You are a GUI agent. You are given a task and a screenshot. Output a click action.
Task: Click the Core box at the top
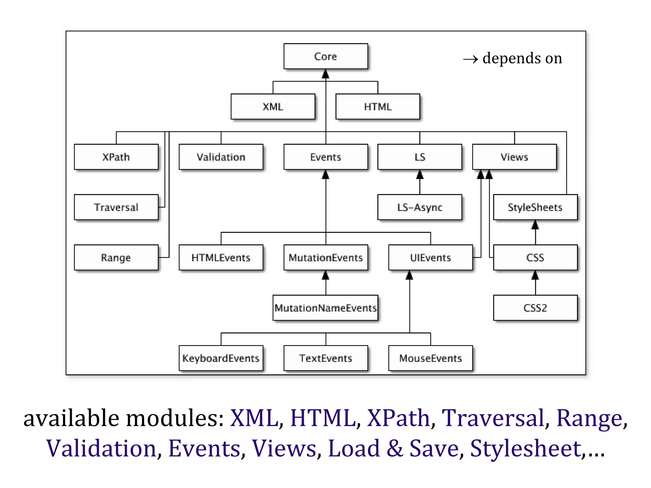325,56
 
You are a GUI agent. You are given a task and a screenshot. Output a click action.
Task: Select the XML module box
273,107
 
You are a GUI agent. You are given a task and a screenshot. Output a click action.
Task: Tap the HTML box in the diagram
378,107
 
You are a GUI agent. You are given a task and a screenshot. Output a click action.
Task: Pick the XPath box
116,157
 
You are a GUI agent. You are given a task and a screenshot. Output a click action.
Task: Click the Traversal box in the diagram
116,207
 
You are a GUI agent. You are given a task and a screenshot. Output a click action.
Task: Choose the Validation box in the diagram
221,157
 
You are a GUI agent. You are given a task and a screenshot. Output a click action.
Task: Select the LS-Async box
420,207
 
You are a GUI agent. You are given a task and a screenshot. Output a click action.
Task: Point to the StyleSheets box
535,207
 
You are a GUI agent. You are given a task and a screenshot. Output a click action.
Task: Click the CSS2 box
535,308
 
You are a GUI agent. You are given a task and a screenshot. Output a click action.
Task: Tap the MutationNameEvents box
325,308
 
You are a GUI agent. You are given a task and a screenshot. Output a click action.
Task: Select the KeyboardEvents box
221,358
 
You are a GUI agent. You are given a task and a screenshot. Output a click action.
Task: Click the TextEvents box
325,358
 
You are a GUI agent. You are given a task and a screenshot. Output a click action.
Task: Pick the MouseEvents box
430,358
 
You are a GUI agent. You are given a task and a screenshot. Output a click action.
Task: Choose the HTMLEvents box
221,257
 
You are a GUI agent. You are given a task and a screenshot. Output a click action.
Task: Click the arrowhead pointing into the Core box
325,74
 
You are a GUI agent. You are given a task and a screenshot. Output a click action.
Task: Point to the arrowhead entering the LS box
420,175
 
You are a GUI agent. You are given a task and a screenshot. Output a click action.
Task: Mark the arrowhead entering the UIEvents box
409,275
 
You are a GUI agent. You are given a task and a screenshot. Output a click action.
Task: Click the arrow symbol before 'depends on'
470,59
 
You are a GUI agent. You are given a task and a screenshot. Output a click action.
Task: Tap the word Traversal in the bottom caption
493,418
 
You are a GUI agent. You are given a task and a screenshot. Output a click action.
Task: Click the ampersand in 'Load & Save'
394,448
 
